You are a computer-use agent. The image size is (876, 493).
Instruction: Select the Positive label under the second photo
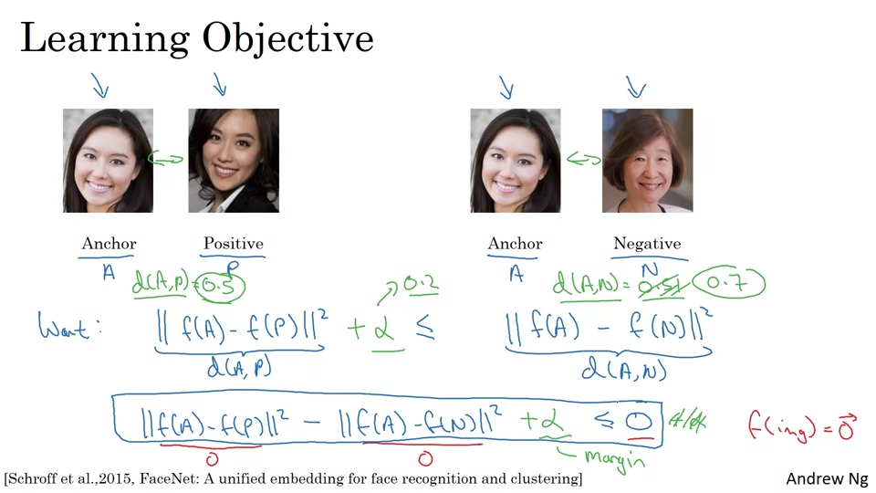(233, 244)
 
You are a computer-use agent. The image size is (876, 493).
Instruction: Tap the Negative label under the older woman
(647, 244)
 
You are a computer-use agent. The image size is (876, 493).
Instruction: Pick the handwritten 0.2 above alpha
(421, 286)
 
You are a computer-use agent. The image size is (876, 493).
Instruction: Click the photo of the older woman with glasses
(647, 161)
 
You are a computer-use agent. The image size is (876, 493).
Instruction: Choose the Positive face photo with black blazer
(234, 161)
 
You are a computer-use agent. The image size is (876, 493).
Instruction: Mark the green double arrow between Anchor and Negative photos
(583, 160)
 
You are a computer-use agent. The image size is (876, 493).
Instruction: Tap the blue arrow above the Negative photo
(636, 87)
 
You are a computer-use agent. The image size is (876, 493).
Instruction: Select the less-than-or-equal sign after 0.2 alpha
(425, 329)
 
